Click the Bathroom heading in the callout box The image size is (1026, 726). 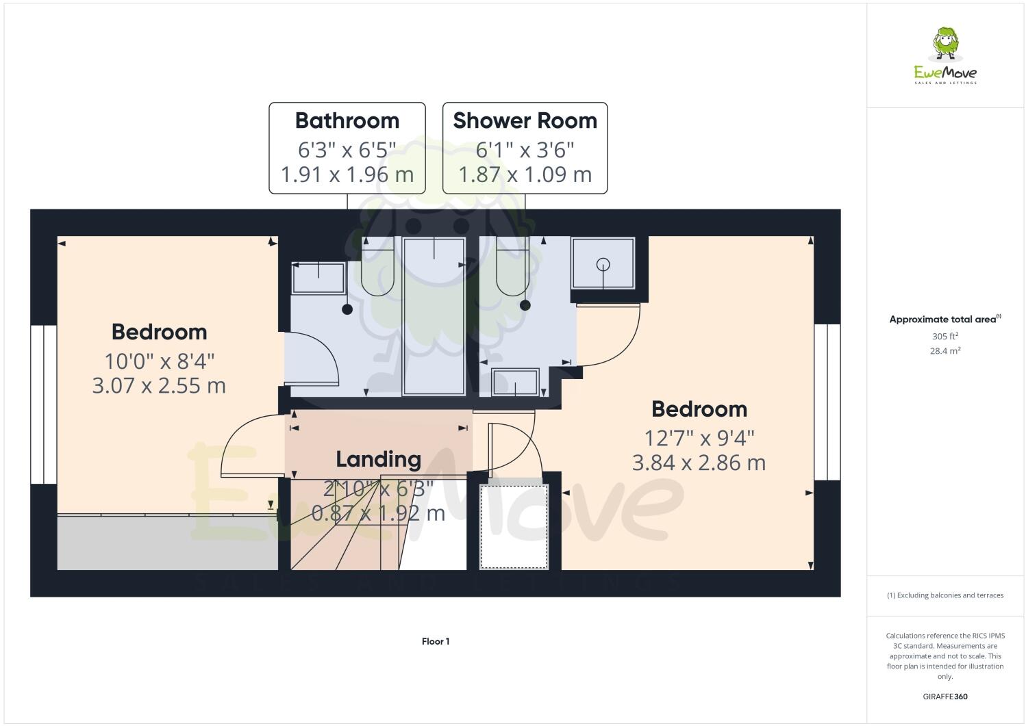[x=347, y=120]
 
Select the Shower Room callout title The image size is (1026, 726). [x=525, y=120]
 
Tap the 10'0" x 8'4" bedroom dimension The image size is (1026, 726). [x=159, y=360]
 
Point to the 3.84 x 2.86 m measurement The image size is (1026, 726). [x=698, y=463]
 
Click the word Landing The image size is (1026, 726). [x=378, y=459]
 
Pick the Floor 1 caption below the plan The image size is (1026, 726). [x=436, y=641]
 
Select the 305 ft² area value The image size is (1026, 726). [x=944, y=336]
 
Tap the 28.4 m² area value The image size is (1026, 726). [x=944, y=350]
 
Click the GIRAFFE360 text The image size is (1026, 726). [x=944, y=697]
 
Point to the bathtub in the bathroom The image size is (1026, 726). [x=434, y=316]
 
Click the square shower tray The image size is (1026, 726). [x=603, y=263]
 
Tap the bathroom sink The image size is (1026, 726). [x=318, y=278]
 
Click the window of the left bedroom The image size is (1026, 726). [x=43, y=404]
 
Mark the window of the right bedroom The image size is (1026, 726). [x=827, y=402]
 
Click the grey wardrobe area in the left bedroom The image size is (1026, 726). [x=167, y=543]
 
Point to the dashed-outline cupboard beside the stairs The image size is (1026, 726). [x=514, y=526]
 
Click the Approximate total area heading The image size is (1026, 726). [x=944, y=319]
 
